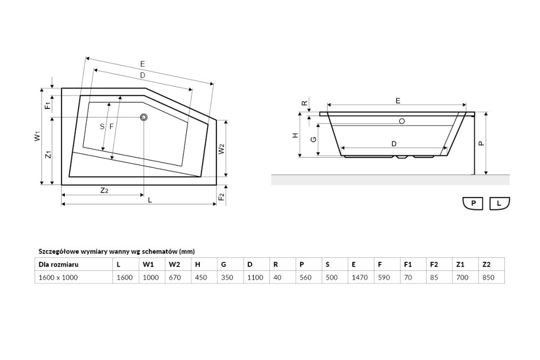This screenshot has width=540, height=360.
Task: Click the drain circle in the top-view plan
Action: click(x=144, y=117)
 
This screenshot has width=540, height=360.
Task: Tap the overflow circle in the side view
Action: click(x=402, y=121)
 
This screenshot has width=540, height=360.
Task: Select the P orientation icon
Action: click(x=473, y=203)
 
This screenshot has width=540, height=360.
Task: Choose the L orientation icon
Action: click(x=500, y=203)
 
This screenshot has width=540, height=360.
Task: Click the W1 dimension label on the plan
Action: click(x=38, y=136)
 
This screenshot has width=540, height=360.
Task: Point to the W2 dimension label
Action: click(x=221, y=148)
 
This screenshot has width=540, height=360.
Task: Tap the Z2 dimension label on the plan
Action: click(x=104, y=190)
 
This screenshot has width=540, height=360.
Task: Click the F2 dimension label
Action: click(x=221, y=196)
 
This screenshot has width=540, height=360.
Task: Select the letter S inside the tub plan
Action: click(x=102, y=127)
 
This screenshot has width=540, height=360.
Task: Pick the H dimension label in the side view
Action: click(x=295, y=135)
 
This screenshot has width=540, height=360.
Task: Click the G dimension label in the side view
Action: click(x=313, y=139)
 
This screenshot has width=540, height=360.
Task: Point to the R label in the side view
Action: click(x=305, y=103)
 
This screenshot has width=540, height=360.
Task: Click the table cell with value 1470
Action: click(x=360, y=277)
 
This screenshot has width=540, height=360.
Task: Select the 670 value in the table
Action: click(x=174, y=277)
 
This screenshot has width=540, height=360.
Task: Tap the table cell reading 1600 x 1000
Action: click(x=58, y=277)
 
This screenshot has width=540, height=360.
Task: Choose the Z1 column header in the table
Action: click(x=460, y=264)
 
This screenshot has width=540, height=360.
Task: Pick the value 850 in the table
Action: click(x=488, y=277)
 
